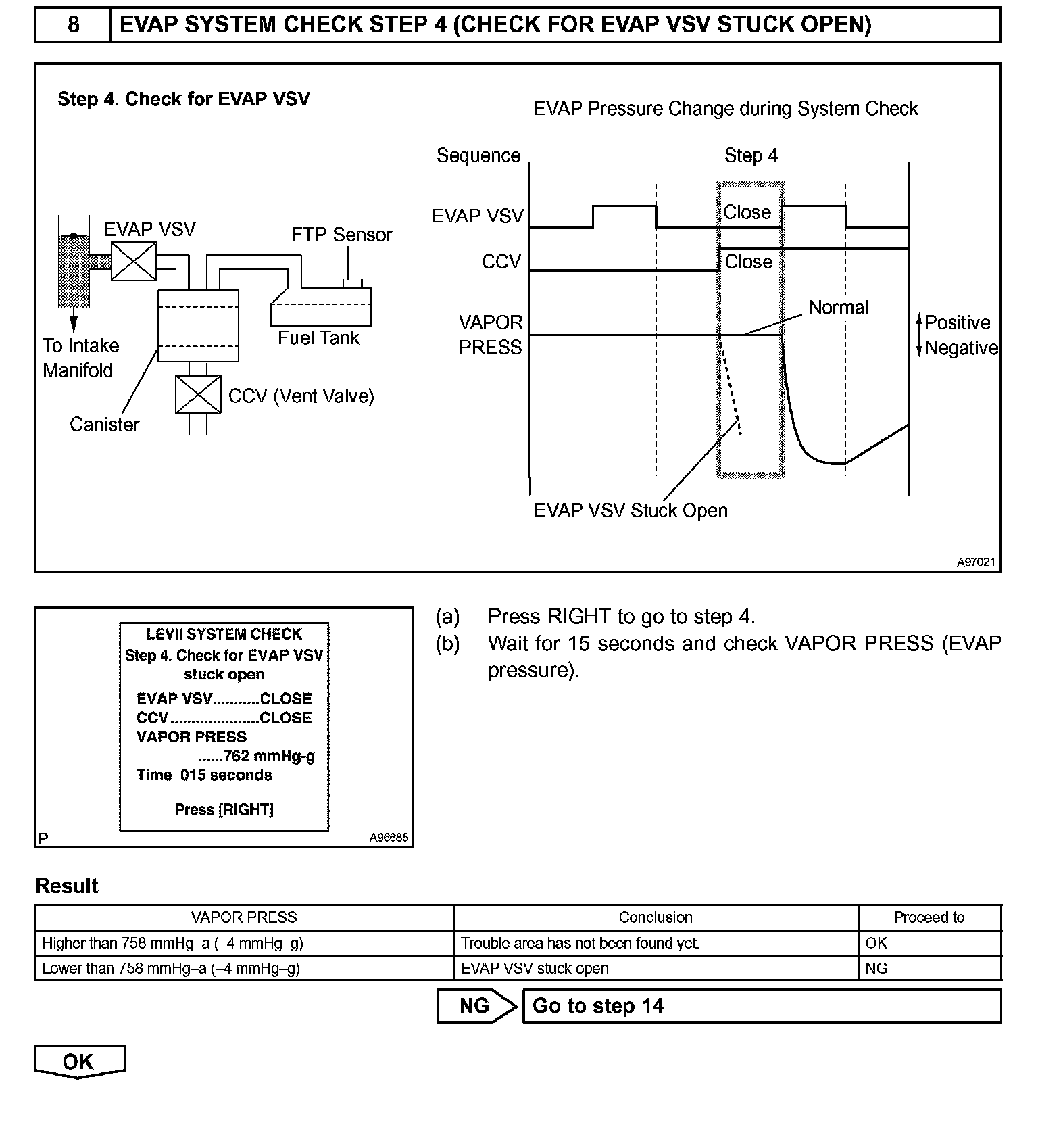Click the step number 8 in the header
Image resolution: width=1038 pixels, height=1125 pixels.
pyautogui.click(x=73, y=25)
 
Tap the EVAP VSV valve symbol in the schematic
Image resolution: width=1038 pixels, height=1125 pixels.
pyautogui.click(x=133, y=261)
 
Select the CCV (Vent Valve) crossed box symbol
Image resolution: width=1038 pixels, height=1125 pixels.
pyautogui.click(x=198, y=394)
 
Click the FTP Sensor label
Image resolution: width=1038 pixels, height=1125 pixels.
pyautogui.click(x=341, y=235)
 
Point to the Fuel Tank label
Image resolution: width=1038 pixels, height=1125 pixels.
pyautogui.click(x=318, y=337)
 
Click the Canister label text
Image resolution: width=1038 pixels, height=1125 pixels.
pyautogui.click(x=104, y=424)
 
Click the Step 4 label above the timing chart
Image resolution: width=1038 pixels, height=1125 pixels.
pyautogui.click(x=751, y=155)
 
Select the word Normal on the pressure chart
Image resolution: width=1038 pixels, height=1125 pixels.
pyautogui.click(x=838, y=307)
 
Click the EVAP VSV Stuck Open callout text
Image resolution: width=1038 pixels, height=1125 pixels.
pyautogui.click(x=631, y=510)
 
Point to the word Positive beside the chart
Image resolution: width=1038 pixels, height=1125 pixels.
pyautogui.click(x=957, y=322)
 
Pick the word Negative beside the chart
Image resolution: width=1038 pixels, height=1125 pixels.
pyautogui.click(x=961, y=348)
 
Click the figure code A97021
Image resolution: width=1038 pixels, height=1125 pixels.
pyautogui.click(x=975, y=562)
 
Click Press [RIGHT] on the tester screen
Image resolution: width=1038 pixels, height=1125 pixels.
pyautogui.click(x=224, y=809)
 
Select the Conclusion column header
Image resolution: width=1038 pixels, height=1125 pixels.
pyautogui.click(x=656, y=917)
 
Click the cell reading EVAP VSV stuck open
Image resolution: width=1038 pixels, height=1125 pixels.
pyautogui.click(x=535, y=968)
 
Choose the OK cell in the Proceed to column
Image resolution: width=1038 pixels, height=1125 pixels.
pyautogui.click(x=876, y=942)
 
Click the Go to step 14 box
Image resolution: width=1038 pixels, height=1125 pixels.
pyautogui.click(x=762, y=1006)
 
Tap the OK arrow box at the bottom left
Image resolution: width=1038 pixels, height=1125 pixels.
pyautogui.click(x=79, y=1061)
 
